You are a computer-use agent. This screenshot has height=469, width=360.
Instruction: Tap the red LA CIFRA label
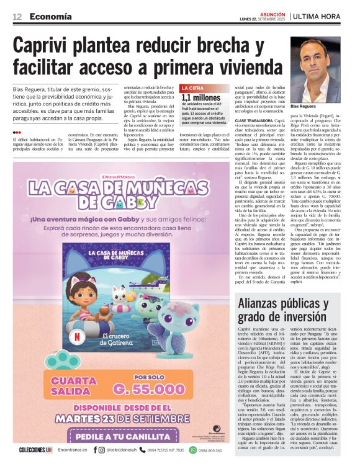coord(192,88)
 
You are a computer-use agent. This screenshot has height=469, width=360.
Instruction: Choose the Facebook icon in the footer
coord(95,450)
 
